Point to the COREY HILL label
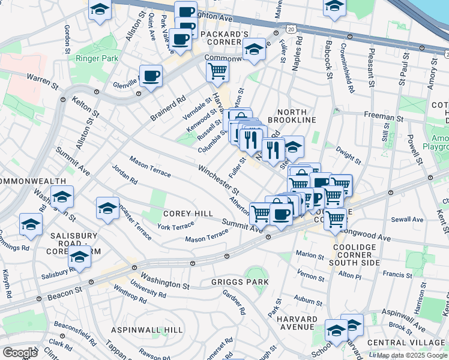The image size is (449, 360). (187, 214)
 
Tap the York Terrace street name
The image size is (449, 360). (175, 226)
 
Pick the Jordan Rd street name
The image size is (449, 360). (124, 172)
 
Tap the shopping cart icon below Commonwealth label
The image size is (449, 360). (217, 71)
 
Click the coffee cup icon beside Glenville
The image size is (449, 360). (151, 76)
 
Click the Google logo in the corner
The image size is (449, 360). (20, 353)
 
